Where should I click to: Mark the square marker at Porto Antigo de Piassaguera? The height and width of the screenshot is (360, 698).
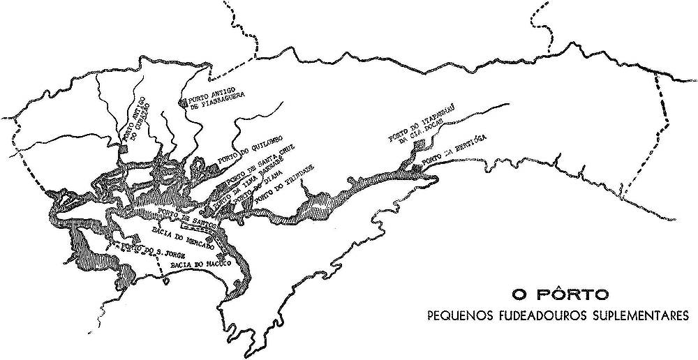point(184,103)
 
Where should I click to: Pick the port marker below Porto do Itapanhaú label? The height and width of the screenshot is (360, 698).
point(418,144)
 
